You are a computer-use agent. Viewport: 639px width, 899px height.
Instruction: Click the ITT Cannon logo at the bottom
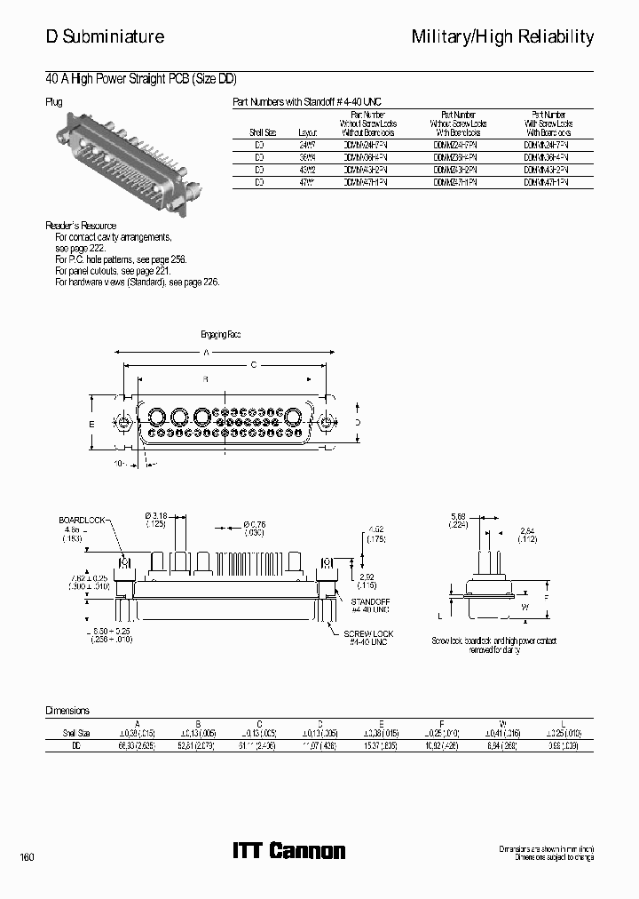pos(288,851)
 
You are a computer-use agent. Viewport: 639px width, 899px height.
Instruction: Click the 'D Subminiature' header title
pos(105,36)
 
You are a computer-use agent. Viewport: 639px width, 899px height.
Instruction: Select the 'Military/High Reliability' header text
pos(502,36)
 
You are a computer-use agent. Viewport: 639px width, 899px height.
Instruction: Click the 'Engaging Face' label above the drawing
pos(221,335)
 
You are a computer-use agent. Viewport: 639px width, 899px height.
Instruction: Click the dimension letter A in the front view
pos(208,353)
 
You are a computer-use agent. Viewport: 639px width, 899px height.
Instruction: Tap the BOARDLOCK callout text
pos(82,519)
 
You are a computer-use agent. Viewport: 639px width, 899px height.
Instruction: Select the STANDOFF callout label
pos(372,601)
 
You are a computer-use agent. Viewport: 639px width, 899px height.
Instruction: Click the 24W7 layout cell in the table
pos(308,143)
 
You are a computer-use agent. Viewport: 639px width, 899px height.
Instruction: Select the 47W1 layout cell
pos(308,181)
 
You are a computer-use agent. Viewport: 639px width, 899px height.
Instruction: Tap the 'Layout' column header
pos(308,131)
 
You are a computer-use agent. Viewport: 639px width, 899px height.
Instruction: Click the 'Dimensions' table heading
pos(67,711)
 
